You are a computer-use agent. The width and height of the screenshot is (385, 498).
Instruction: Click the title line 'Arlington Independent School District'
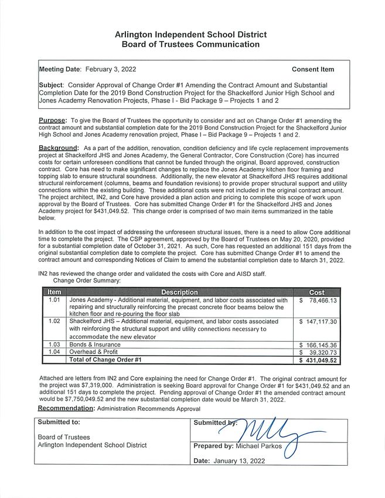pyautogui.click(x=190, y=35)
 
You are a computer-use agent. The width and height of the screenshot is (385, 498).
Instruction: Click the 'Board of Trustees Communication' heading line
pyautogui.click(x=190, y=45)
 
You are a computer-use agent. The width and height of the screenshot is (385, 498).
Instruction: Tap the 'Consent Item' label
pyautogui.click(x=312, y=69)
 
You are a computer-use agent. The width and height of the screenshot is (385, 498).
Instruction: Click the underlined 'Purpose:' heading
pyautogui.click(x=52, y=121)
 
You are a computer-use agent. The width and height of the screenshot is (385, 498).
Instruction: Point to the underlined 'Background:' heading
pyautogui.click(x=58, y=148)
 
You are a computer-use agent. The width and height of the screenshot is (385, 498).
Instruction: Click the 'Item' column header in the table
pyautogui.click(x=54, y=292)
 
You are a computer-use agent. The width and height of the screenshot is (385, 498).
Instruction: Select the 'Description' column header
pyautogui.click(x=179, y=292)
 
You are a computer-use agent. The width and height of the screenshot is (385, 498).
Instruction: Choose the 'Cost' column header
pyautogui.click(x=316, y=292)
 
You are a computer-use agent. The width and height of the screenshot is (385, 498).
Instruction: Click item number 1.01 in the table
pyautogui.click(x=54, y=300)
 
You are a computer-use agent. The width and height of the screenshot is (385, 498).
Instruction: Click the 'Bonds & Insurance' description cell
pyautogui.click(x=94, y=344)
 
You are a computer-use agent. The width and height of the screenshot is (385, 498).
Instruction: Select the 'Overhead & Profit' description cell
pyautogui.click(x=96, y=352)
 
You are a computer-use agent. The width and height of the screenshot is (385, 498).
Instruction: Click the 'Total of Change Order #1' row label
pyautogui.click(x=105, y=360)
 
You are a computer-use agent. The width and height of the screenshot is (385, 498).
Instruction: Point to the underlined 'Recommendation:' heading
pyautogui.click(x=66, y=408)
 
